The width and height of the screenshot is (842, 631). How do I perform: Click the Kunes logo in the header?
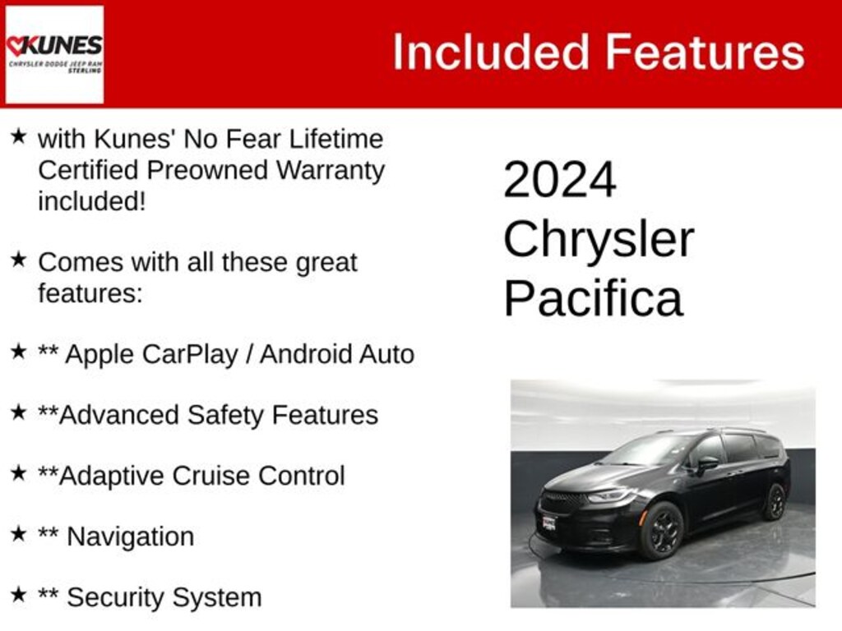tap(54, 54)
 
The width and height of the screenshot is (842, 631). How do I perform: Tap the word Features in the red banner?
tap(706, 53)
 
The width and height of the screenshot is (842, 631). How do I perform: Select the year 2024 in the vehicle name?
tap(559, 180)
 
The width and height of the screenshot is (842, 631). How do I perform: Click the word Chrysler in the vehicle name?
tap(598, 239)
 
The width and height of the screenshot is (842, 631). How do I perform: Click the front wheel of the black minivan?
tap(662, 530)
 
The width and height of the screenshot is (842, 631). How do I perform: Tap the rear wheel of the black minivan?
tap(774, 501)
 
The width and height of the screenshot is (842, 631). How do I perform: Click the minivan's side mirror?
tap(705, 464)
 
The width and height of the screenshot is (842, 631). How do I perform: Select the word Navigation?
tap(130, 537)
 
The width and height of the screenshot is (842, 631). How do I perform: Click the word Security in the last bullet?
tap(114, 597)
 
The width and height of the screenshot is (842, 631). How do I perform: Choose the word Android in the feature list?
tap(307, 354)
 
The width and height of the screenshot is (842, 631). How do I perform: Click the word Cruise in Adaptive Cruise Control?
tap(216, 476)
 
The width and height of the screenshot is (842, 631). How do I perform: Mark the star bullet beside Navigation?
tap(18, 534)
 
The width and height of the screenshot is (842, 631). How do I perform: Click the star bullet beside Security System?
tap(18, 595)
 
